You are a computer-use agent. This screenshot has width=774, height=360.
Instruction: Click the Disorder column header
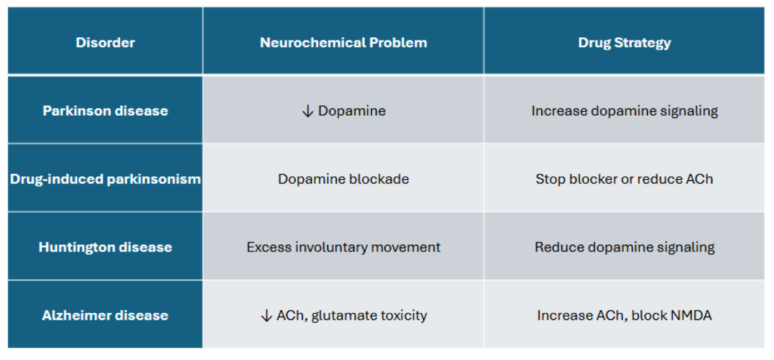105,42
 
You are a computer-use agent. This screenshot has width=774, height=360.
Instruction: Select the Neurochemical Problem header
343,42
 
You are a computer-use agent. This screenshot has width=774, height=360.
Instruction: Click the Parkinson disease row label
105,111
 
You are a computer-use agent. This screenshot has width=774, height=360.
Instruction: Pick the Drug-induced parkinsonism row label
105,179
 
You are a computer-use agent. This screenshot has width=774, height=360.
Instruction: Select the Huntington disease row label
105,248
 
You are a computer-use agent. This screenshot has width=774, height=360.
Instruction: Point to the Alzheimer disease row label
105,315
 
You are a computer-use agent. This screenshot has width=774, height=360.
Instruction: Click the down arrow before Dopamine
308,111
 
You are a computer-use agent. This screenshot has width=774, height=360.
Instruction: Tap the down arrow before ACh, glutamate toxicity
267,316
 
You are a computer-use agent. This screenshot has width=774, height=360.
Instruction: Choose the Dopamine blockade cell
343,179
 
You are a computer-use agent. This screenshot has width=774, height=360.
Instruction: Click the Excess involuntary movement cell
343,248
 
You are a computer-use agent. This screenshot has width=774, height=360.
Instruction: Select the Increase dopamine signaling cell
624,111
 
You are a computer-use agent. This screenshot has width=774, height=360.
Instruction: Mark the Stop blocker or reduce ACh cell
624,179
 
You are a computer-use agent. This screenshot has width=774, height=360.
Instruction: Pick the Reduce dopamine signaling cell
624,248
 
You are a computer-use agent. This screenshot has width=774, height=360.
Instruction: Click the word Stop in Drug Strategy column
550,180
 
